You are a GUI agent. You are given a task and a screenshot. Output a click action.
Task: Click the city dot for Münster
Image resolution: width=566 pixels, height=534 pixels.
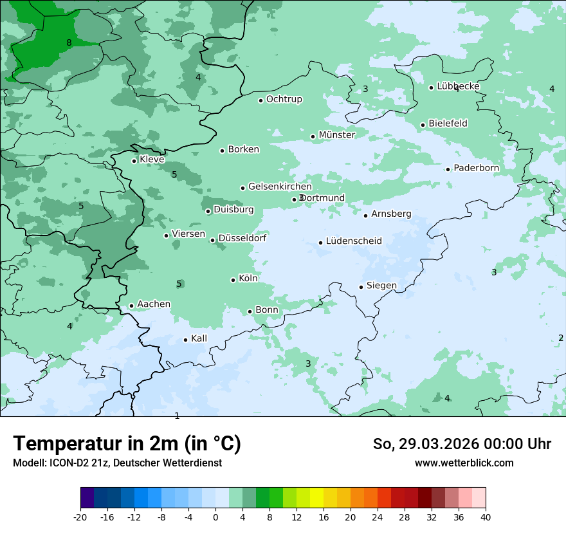313,136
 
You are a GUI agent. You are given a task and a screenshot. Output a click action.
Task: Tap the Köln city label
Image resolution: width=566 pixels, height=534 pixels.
248,279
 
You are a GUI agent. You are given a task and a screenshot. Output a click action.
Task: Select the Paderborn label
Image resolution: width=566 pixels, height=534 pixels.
476,168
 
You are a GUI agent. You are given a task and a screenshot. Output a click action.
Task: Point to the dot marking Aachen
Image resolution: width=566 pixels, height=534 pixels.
131,306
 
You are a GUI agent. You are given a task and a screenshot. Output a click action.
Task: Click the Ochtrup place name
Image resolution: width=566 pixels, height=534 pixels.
284,99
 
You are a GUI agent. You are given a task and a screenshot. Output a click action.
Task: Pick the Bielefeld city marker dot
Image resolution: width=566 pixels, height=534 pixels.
423,125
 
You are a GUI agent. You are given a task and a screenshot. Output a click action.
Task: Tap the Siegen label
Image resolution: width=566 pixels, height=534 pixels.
381,285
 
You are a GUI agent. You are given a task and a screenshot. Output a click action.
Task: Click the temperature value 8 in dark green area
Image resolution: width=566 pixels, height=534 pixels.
69,43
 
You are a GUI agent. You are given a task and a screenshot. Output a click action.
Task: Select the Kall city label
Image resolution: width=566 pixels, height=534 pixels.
199,338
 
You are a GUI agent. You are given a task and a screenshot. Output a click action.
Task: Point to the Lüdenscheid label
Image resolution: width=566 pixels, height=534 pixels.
354,241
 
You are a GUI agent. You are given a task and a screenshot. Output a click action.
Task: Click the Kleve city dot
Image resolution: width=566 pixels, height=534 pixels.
134,161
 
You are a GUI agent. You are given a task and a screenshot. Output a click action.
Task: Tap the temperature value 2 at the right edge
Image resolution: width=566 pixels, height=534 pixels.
561,338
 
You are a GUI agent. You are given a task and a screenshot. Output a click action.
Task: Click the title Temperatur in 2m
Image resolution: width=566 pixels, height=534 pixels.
127,444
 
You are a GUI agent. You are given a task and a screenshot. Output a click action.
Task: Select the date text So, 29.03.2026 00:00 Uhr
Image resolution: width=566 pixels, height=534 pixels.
462,444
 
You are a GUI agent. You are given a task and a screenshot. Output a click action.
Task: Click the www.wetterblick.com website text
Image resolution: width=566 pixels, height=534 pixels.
464,463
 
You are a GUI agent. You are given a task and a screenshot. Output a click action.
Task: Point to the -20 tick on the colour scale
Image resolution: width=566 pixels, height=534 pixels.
80,517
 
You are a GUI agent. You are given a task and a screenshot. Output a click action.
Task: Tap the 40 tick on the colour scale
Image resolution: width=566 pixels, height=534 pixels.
486,517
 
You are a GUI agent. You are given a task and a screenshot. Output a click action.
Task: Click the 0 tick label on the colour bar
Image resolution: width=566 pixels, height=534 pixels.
215,517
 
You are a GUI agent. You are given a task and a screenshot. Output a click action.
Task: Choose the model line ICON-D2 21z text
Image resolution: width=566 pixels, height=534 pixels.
117,463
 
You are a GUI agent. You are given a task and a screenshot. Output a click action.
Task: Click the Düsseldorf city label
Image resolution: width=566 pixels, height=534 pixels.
242,238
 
